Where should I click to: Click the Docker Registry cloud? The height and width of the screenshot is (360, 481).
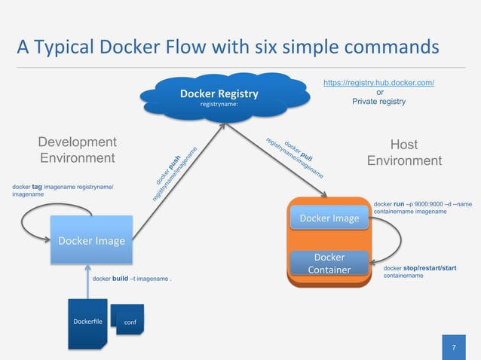[219, 97]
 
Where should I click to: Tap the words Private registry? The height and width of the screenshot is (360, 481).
[378, 102]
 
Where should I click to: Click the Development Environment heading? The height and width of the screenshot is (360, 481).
[77, 151]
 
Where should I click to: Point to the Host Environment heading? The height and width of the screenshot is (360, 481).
[404, 153]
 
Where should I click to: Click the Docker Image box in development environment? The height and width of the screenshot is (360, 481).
[91, 240]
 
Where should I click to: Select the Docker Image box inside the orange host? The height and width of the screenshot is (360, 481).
[329, 218]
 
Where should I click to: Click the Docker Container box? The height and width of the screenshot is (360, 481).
[329, 264]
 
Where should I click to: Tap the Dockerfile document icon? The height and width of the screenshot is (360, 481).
[87, 322]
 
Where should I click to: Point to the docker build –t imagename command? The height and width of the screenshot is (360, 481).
[131, 279]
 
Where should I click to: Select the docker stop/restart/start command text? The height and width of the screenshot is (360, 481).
[420, 272]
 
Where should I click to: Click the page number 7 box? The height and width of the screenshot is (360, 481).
[454, 347]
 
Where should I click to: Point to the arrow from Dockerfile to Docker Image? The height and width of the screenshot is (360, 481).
[87, 280]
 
